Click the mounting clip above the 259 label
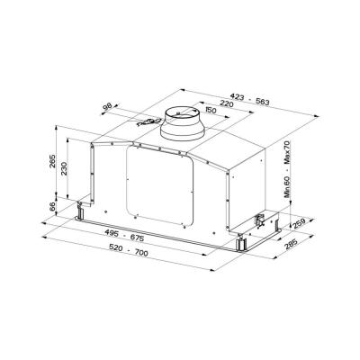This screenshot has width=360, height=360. click(x=262, y=219)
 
